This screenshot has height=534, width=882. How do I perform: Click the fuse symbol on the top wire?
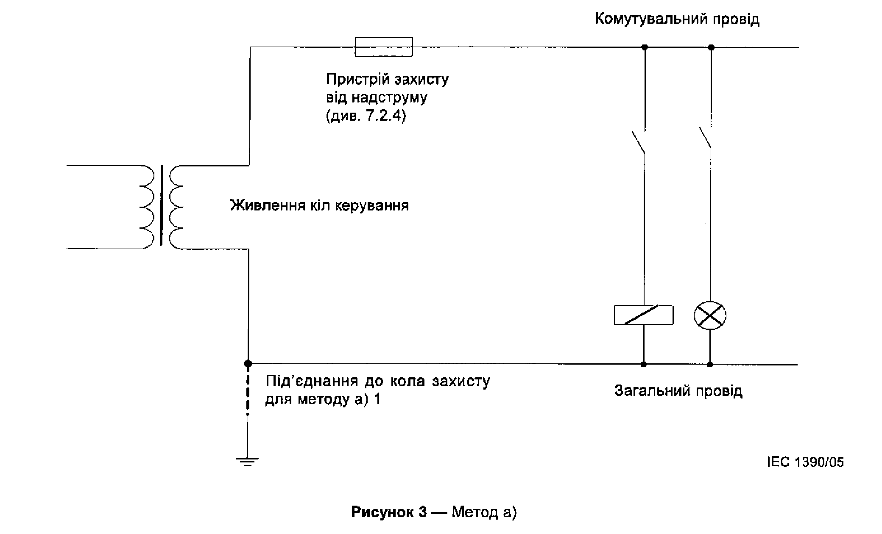[x=383, y=47]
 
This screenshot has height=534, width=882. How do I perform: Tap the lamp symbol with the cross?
[x=710, y=315]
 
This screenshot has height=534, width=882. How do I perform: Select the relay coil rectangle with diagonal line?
[x=643, y=315]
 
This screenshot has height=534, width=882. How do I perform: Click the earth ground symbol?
[x=248, y=461]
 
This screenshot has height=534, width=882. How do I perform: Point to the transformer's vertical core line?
[x=161, y=205]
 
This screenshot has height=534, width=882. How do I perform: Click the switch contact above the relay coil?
[x=639, y=142]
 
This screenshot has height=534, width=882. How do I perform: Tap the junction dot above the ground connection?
[x=248, y=363]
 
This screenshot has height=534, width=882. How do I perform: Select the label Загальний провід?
[x=678, y=390]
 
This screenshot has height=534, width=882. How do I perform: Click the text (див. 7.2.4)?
[x=366, y=116]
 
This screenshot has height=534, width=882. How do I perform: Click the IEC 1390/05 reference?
[x=805, y=462]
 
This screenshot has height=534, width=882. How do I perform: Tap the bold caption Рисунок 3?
[x=389, y=512]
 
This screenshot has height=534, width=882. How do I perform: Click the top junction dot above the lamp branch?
[x=711, y=47]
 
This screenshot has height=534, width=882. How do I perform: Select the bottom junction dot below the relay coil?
[x=643, y=364]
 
